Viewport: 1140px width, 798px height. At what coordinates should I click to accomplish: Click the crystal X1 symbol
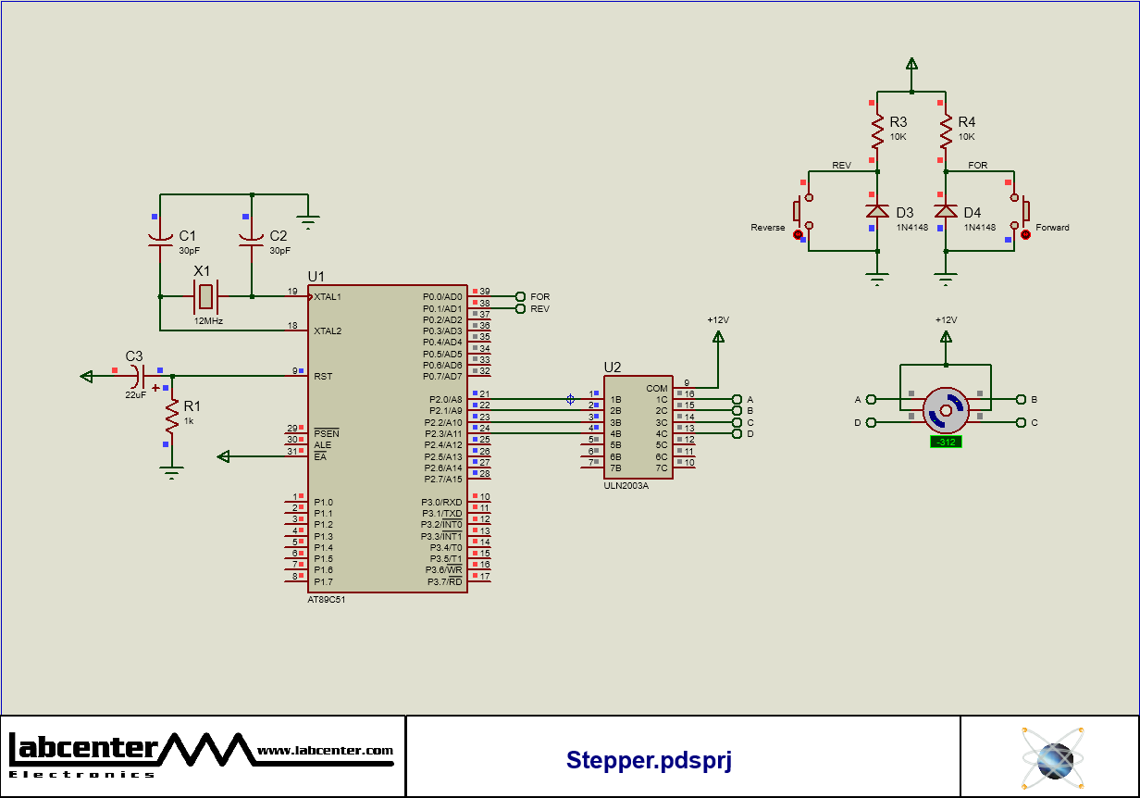(205, 296)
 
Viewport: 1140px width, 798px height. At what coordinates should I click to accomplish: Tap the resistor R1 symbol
(171, 418)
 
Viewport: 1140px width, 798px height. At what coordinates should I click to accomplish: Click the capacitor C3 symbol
(137, 376)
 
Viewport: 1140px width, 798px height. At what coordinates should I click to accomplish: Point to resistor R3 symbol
(877, 132)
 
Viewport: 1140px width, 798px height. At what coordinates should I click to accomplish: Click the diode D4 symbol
(945, 212)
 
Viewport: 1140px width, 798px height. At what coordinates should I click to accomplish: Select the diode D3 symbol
(877, 212)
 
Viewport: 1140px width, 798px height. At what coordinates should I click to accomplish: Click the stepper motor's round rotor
(946, 410)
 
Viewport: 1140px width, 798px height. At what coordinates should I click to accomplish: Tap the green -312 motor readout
(946, 442)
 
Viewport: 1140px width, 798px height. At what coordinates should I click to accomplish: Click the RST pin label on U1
(323, 376)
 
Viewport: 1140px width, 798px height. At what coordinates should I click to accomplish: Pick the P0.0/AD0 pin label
(441, 297)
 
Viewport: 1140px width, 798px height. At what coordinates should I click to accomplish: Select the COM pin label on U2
(657, 389)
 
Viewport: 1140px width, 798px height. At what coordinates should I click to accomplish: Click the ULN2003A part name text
(626, 485)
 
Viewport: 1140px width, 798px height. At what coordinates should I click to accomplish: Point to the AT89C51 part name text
(327, 599)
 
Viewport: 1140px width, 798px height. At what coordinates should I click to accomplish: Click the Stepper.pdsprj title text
(649, 760)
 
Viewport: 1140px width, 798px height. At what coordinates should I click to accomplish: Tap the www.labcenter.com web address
(325, 751)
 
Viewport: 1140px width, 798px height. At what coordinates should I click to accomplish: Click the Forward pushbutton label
(1052, 228)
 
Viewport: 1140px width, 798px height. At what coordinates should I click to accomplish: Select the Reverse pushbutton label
(767, 228)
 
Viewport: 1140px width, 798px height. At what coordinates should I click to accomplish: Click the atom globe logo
(1052, 757)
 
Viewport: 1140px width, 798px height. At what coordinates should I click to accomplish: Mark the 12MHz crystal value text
(208, 320)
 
